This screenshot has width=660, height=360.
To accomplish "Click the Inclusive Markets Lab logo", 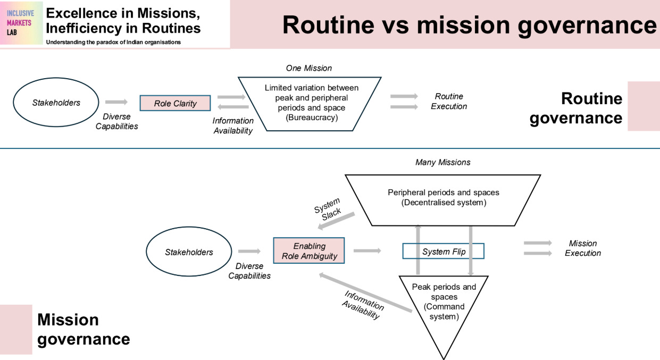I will click(21, 23).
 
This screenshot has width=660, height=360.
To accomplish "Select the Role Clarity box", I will click(175, 103).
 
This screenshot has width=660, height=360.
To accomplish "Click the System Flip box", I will click(443, 251).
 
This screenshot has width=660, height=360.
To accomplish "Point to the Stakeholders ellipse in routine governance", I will click(56, 102).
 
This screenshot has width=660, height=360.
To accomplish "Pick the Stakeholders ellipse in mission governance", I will click(188, 252).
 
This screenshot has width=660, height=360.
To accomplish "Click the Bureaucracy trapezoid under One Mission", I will click(309, 103).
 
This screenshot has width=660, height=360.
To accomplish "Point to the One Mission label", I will click(308, 68).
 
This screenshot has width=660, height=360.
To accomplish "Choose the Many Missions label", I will click(442, 162).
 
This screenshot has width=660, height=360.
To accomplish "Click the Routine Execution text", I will click(448, 101).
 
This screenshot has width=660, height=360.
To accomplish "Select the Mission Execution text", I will click(582, 248).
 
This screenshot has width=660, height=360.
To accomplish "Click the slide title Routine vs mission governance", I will click(469, 24).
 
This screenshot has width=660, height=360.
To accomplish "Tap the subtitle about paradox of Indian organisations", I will click(113, 42).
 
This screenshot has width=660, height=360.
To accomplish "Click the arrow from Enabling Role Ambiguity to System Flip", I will click(367, 250).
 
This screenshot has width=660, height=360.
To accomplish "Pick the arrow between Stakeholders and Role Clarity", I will click(116, 102).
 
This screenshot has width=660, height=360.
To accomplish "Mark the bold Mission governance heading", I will click(83, 329).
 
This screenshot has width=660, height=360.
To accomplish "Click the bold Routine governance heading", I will click(576, 108).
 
